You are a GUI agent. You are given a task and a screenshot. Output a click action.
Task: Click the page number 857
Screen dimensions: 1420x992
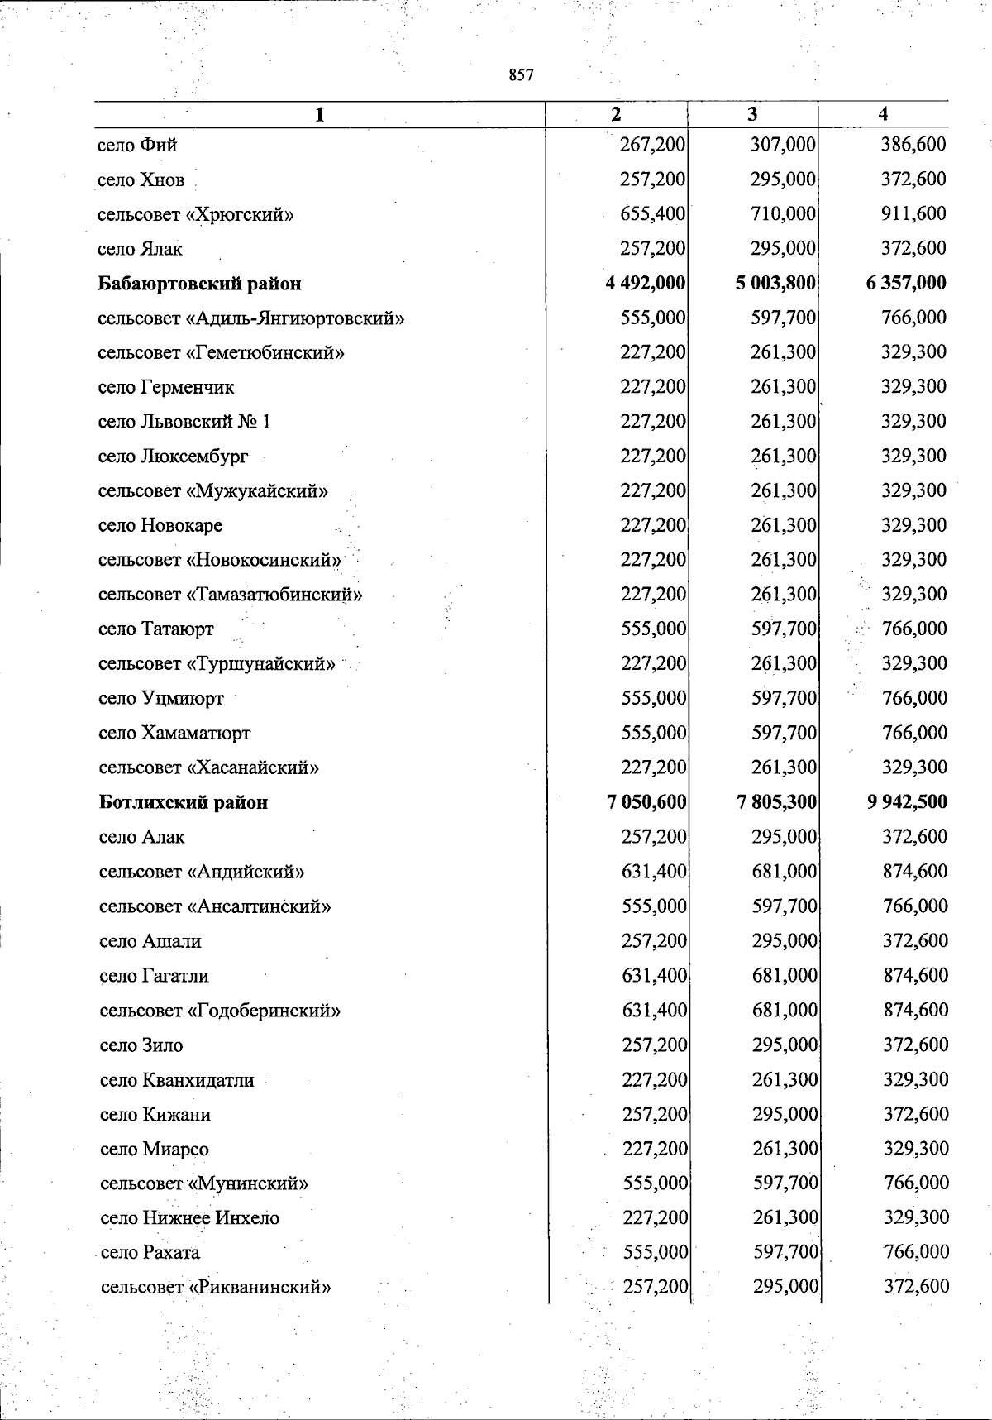522,75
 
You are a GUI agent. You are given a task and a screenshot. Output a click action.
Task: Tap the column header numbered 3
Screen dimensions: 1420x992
752,115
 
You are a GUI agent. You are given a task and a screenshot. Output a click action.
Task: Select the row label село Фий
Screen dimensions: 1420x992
137,146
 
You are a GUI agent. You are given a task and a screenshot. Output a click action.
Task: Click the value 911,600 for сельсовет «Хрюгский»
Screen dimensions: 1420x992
913,213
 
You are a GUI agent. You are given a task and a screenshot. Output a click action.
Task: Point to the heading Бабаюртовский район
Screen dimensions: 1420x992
199,284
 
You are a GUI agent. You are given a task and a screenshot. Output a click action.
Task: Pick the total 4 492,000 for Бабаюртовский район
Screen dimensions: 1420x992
645,283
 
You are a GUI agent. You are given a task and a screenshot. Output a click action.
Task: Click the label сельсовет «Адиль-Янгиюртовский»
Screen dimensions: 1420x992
250,318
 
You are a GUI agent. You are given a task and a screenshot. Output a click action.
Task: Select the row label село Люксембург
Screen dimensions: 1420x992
173,457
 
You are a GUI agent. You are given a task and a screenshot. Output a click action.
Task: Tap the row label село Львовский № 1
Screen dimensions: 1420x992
184,422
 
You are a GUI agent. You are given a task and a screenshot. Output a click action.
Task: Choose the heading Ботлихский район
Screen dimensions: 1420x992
184,802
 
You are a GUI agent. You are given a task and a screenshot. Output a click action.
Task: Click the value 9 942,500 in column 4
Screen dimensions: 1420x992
907,801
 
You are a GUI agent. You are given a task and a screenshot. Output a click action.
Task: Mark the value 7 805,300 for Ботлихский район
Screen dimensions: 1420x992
775,801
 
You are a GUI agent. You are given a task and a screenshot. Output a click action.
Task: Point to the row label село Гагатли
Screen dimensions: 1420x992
154,976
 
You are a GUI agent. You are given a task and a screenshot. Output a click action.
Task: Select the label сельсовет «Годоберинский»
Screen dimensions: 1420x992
220,1011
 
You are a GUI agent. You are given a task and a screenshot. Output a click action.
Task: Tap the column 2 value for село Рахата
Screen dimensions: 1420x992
656,1252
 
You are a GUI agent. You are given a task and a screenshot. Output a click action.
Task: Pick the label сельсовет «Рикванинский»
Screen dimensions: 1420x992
216,1287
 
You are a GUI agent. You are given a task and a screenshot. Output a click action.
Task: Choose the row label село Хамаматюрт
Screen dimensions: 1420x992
174,733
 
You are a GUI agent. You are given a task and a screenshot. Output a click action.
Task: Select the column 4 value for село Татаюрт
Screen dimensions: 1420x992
914,629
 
